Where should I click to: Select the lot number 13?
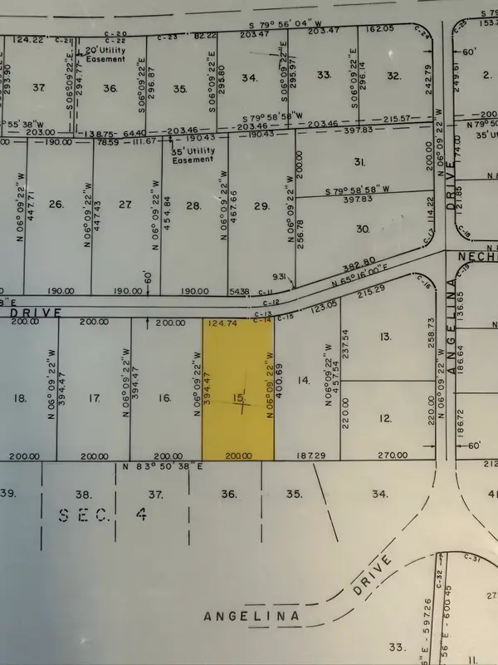point(384,337)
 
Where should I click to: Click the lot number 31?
point(360,161)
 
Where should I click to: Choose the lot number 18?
point(21,399)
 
